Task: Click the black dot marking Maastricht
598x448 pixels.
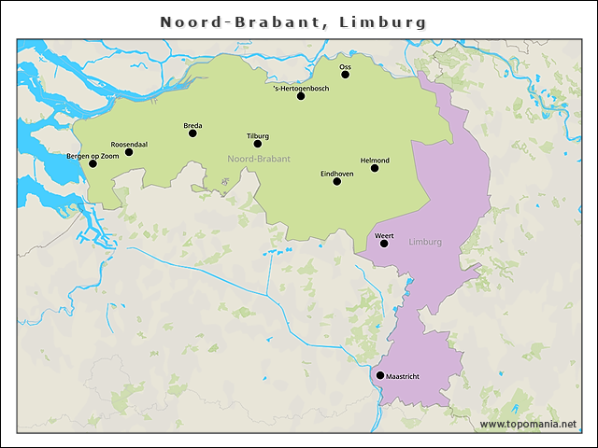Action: point(379,375)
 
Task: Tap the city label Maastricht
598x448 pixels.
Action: point(403,376)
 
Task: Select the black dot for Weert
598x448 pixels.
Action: point(384,244)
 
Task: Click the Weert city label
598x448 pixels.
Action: point(383,235)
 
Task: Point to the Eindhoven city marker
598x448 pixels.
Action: point(337,181)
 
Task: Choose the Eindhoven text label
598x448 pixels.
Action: point(336,173)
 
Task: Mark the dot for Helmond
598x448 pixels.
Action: point(375,168)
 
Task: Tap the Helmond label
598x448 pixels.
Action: point(375,160)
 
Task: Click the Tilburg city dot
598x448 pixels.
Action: point(258,144)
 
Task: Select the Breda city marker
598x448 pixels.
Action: point(192,133)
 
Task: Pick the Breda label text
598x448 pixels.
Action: point(192,125)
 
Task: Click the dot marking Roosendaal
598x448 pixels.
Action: point(129,152)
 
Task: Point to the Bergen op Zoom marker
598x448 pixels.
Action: point(93,164)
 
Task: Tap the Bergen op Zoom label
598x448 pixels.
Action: point(93,156)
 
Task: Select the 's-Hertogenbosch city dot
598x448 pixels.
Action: point(301,96)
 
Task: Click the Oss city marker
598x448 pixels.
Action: point(345,75)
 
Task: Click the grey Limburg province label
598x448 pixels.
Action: point(425,243)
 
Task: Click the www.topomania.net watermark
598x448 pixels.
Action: point(528,424)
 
